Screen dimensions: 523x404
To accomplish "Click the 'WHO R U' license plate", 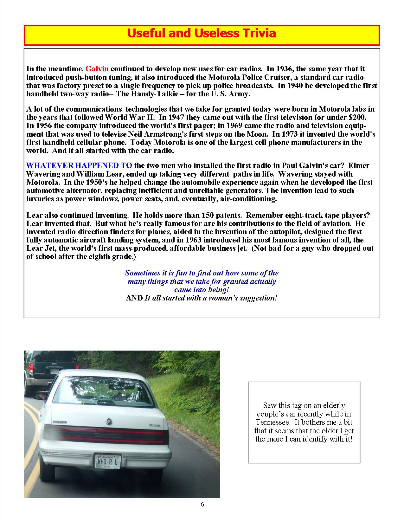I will tap(108, 461).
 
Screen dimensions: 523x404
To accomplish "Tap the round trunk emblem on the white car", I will tap(109, 421).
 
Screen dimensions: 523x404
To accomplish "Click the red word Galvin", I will tap(97, 69).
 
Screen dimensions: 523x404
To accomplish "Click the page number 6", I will tap(202, 504).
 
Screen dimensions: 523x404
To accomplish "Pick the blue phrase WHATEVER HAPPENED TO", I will tap(79, 165).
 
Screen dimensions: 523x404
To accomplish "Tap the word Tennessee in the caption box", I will tap(273, 423).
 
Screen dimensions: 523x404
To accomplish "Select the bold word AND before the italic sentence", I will tap(134, 298).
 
